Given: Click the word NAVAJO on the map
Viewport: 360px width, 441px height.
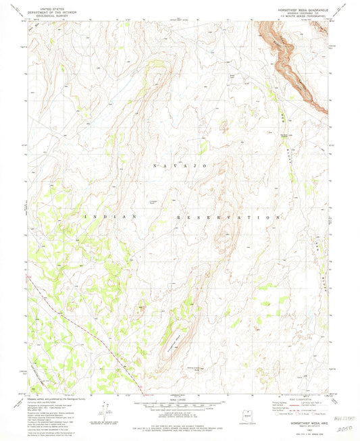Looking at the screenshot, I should (180, 165).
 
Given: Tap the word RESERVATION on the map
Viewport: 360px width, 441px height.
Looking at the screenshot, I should (228, 217).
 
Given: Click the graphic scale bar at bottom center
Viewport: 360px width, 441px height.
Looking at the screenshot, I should (180, 407).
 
